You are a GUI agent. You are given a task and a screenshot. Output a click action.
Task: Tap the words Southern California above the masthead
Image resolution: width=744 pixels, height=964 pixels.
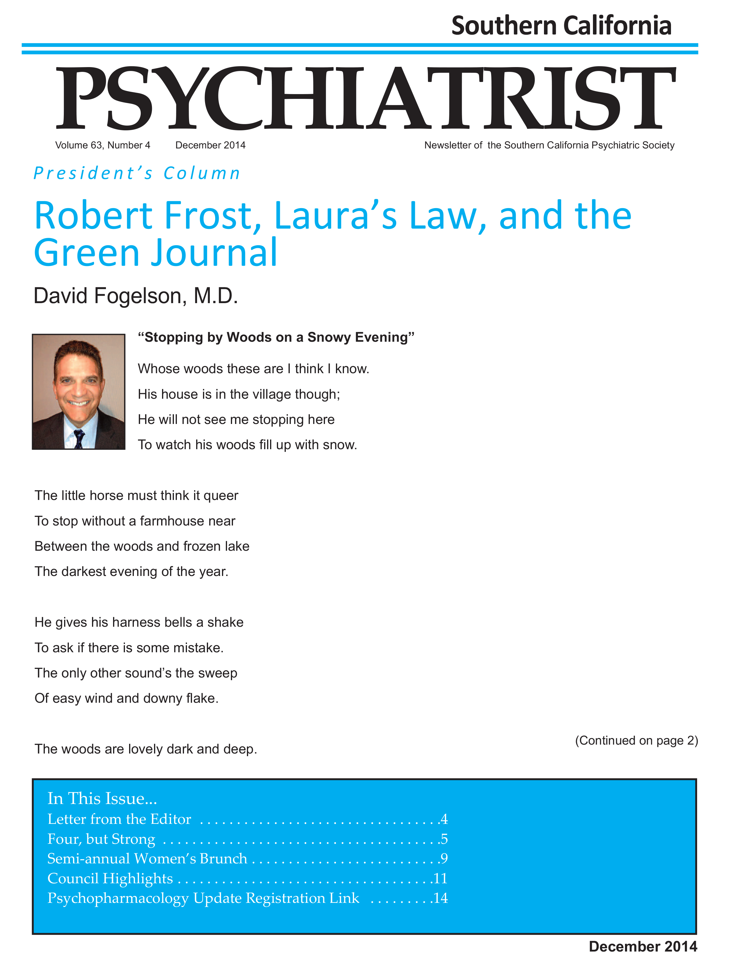tap(561, 26)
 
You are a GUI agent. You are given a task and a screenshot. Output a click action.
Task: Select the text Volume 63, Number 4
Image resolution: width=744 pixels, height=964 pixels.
tap(102, 145)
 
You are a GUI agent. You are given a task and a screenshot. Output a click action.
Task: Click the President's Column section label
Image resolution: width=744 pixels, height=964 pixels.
tap(137, 173)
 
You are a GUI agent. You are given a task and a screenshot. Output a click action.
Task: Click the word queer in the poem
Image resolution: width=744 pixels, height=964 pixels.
tap(220, 496)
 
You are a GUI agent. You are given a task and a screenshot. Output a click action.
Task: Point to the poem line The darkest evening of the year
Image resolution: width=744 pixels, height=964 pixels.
tap(131, 572)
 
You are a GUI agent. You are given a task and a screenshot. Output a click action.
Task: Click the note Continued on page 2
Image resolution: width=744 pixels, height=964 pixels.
tap(636, 740)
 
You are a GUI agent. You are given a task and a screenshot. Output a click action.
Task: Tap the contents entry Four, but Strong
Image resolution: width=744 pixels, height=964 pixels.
tap(101, 839)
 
